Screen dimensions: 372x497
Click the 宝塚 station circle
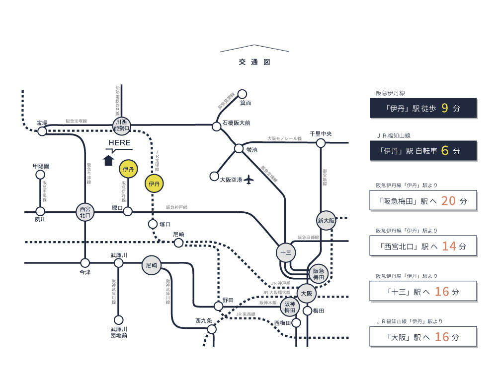coord(42,131)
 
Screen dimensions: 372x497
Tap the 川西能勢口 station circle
coord(121,125)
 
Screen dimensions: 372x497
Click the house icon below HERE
coord(108,160)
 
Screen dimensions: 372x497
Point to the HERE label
coord(119,143)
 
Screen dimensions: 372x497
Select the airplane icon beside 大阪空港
coord(249,179)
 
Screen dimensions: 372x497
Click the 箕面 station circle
coord(243,94)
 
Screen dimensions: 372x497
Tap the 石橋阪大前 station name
coord(236,123)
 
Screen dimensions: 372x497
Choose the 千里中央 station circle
coord(321,143)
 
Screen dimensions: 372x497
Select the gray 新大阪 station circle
coord(326,220)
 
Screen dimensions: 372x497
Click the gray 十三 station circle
coord(285,252)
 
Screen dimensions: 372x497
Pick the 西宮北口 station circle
coord(85,212)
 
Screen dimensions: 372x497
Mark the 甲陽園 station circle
coord(41,175)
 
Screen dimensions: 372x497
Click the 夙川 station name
coord(40,219)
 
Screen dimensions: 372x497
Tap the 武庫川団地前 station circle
coord(118,320)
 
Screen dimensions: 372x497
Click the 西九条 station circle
coord(212,329)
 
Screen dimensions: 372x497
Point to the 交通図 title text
coord(254,62)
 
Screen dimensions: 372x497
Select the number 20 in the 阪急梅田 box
coord(449,201)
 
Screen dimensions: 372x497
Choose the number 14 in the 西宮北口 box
coord(449,246)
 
